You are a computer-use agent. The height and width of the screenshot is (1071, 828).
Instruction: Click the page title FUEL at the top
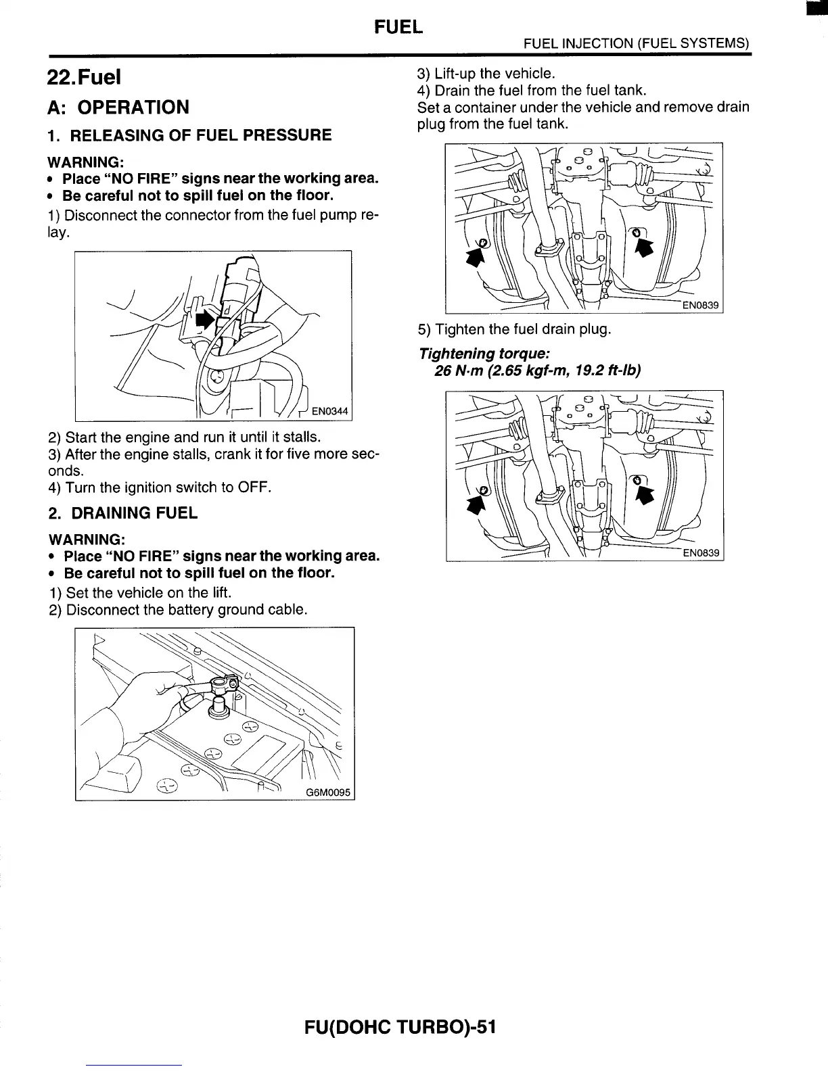398,27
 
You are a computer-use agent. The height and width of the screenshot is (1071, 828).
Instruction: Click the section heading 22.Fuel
84,77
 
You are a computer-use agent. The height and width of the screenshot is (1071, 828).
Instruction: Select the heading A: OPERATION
118,108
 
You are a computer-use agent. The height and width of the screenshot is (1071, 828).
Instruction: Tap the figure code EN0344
329,410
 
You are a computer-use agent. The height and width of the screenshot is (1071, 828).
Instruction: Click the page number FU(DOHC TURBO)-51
400,1028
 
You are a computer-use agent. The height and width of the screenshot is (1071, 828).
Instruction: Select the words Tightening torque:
484,354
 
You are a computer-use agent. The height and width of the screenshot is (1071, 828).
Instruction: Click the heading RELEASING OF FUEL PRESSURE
201,135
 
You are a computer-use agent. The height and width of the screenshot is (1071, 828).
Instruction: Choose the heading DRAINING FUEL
134,513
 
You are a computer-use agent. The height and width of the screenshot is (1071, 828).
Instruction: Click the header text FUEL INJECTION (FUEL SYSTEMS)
637,43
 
